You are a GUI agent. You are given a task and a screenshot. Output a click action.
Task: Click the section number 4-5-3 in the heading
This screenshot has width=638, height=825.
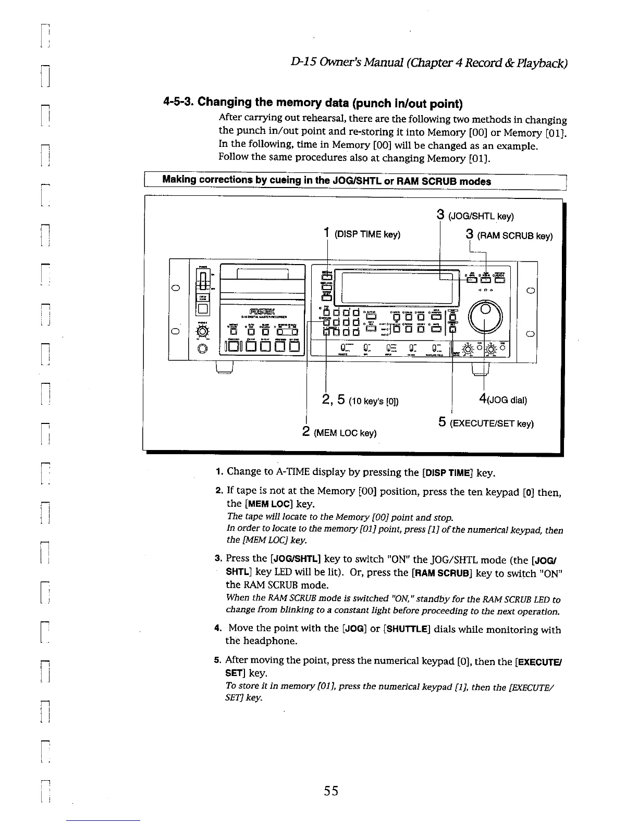[178, 102]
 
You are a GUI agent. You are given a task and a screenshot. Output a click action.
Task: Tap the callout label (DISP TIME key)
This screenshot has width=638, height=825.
[367, 234]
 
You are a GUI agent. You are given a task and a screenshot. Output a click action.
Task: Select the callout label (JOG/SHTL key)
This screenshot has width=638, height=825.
[481, 217]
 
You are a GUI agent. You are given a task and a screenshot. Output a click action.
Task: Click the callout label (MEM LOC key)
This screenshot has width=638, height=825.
[345, 433]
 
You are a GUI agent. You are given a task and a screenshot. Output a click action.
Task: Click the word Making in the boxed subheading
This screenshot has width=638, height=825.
[179, 180]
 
